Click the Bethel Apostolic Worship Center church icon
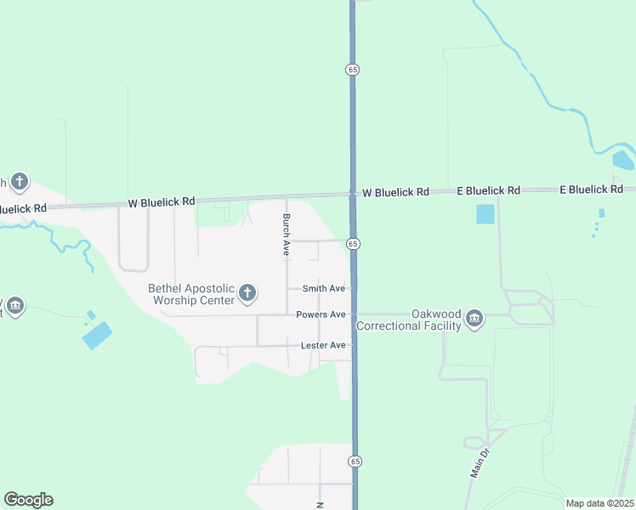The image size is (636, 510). [247, 294]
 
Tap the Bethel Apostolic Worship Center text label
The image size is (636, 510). [191, 294]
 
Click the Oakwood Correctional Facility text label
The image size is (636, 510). [409, 320]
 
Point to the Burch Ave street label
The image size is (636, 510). [287, 235]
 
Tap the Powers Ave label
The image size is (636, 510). [321, 314]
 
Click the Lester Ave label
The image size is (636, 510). [323, 345]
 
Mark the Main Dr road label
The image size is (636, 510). [479, 462]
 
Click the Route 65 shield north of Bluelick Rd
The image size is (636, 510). [351, 69]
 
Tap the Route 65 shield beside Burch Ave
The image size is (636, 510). [354, 244]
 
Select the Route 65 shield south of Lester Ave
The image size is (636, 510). [354, 461]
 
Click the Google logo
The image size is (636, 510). [28, 500]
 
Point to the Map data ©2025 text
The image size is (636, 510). [599, 503]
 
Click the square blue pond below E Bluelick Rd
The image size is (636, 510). [484, 214]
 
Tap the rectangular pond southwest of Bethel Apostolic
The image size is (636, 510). [97, 335]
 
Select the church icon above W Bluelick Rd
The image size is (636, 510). [20, 181]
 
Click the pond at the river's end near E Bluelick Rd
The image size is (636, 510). [622, 161]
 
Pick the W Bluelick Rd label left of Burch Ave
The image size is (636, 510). [162, 202]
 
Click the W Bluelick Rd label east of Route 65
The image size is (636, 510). [395, 192]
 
